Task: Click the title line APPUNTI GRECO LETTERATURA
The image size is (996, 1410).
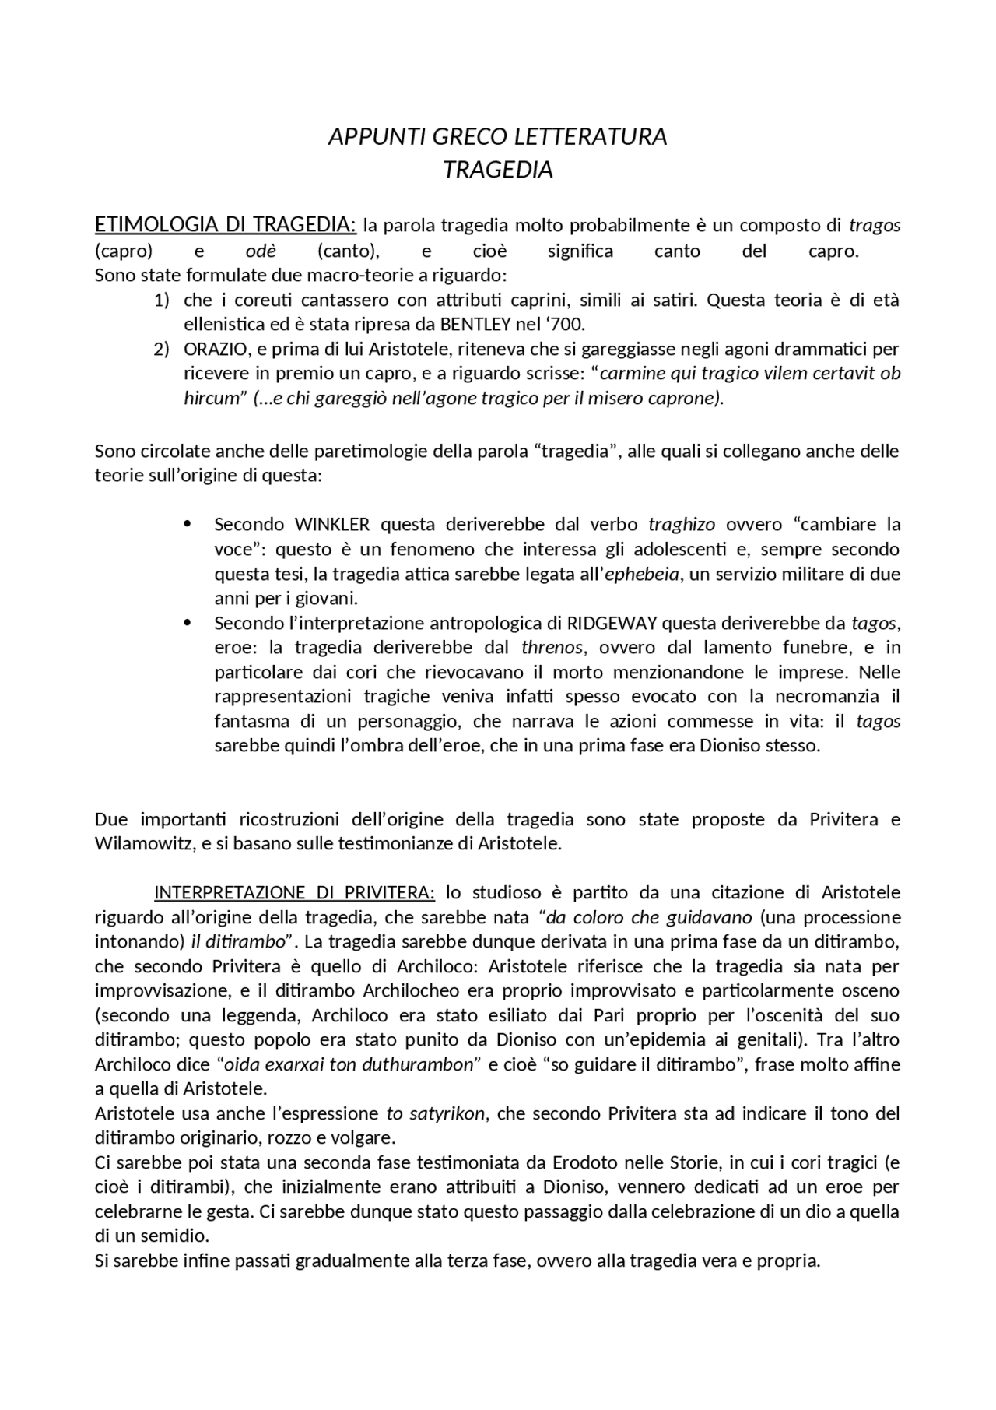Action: pyautogui.click(x=497, y=136)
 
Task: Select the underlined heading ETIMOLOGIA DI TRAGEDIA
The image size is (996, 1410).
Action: pyautogui.click(x=225, y=225)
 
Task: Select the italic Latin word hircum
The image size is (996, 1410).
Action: pyautogui.click(x=210, y=398)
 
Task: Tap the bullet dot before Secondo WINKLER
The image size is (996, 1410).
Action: pyautogui.click(x=187, y=524)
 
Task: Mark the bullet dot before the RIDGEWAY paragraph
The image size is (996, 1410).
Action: pyautogui.click(x=187, y=623)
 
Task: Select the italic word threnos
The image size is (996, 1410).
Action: pyautogui.click(x=552, y=648)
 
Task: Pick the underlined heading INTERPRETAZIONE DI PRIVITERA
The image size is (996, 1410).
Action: pyautogui.click(x=295, y=892)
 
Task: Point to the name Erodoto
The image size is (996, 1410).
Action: pyautogui.click(x=580, y=1163)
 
